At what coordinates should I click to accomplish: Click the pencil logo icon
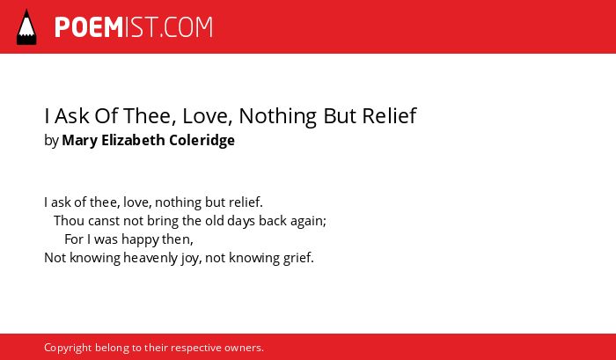pos(26,26)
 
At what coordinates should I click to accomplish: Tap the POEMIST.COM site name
pos(134,27)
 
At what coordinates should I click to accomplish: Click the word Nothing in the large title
pos(277,116)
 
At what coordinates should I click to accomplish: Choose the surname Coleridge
pos(202,140)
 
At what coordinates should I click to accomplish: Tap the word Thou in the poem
pos(70,220)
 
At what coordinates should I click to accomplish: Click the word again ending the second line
pos(308,222)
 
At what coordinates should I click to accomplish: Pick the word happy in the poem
pos(134,239)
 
